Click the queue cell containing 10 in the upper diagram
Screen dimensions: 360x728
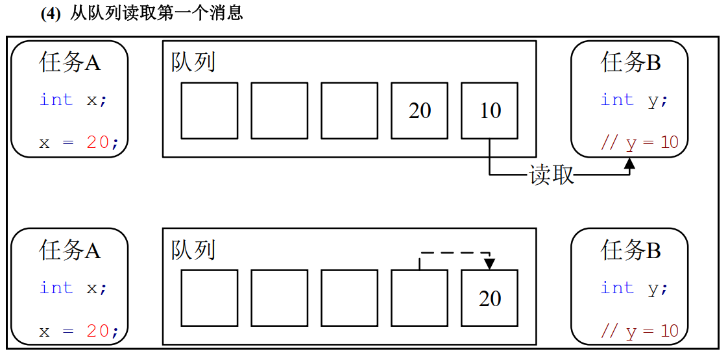[489, 110]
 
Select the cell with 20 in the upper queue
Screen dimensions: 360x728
[419, 110]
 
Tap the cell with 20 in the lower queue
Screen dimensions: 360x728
[489, 298]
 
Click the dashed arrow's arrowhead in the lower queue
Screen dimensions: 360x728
[489, 264]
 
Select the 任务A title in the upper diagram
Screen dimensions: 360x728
[70, 63]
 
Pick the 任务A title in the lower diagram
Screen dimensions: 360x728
[70, 250]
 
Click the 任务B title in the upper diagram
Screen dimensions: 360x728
[631, 63]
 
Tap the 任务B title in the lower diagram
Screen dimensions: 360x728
[631, 250]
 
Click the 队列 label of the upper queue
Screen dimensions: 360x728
[193, 63]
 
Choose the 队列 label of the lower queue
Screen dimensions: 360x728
[193, 250]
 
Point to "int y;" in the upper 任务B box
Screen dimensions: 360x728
[634, 100]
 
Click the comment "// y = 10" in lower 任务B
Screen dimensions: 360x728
[640, 331]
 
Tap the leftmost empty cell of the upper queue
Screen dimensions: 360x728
[209, 110]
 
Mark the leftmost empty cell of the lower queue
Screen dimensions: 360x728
[209, 298]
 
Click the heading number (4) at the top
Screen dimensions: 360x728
[51, 14]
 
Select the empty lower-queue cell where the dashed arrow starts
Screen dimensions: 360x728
[419, 298]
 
